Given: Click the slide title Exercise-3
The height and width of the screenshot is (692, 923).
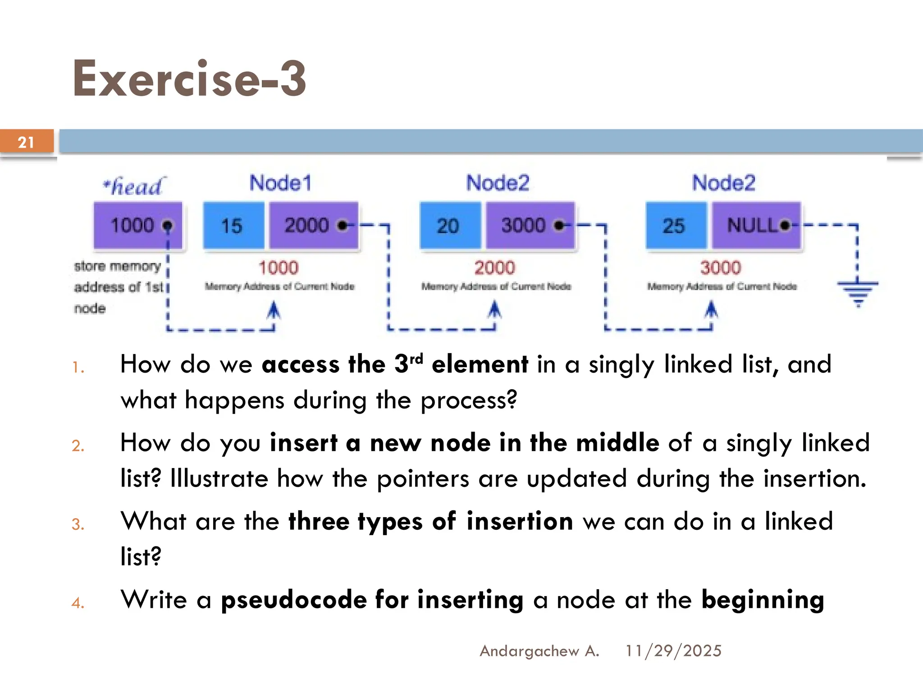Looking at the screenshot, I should point(189,79).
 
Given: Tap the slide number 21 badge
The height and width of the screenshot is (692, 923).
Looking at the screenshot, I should point(26,142).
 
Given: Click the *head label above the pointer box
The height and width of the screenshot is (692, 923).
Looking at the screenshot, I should point(133,186).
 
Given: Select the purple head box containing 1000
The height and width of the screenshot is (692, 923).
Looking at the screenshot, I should point(138,225).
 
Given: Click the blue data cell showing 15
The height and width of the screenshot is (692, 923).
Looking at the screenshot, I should point(233,225).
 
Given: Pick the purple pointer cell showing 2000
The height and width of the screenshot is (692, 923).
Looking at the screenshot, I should point(314,225).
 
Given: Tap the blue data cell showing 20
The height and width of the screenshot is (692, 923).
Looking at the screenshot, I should point(449,225).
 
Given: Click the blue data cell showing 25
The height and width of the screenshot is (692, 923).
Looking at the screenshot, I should point(675,225).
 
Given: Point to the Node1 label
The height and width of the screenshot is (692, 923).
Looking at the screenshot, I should point(280,183).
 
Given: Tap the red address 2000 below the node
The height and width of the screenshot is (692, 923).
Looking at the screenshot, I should point(494,268).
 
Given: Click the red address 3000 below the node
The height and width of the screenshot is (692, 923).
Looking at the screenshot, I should point(720,268).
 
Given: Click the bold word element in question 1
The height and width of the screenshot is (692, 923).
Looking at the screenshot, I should point(480,364).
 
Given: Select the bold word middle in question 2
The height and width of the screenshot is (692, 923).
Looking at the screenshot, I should point(617,443).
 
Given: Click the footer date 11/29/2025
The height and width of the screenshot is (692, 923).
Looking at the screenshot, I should point(673,651).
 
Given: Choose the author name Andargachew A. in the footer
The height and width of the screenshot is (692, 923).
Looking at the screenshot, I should point(539,651).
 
